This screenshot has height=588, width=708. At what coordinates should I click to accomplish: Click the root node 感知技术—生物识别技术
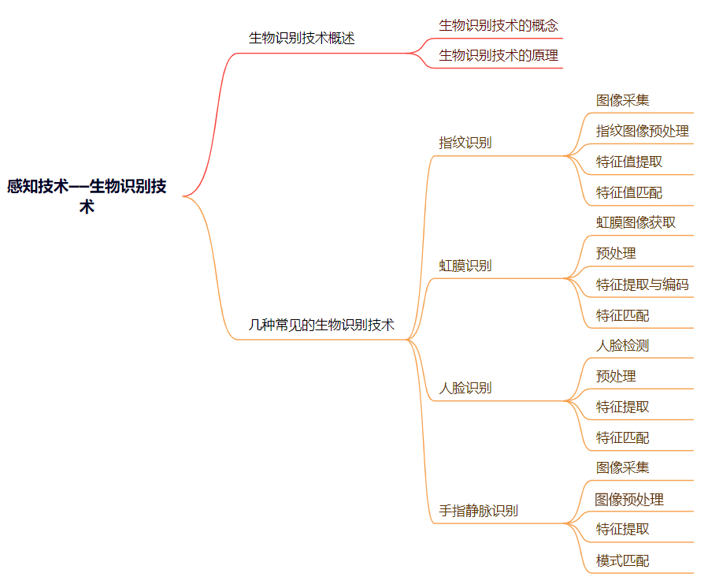(x=87, y=196)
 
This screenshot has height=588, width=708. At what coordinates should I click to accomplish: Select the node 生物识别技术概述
(x=302, y=38)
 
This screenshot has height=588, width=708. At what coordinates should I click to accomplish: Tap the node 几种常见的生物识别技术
(x=321, y=324)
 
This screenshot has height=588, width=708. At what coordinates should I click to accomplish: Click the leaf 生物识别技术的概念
(x=499, y=25)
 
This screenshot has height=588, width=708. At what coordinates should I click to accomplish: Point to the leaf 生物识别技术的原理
(x=499, y=55)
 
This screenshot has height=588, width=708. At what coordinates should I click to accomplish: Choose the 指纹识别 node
(x=465, y=143)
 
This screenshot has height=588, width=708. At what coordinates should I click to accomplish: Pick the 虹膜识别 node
(x=465, y=266)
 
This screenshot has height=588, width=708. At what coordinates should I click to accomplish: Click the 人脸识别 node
(x=465, y=388)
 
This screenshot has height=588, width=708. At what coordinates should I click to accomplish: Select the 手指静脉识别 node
(x=479, y=511)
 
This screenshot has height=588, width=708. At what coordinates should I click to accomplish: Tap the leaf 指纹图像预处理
(x=643, y=131)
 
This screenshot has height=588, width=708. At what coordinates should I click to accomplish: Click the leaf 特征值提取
(x=629, y=162)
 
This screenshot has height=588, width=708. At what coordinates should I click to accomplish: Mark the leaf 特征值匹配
(x=629, y=192)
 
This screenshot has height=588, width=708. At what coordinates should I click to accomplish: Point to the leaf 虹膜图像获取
(x=636, y=222)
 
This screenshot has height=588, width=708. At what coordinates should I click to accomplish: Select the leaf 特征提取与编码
(x=643, y=285)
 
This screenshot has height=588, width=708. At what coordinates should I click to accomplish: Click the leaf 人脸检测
(x=623, y=345)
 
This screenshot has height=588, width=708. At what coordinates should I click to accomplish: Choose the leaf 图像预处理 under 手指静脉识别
(x=629, y=499)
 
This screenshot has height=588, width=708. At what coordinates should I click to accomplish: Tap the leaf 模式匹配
(x=623, y=560)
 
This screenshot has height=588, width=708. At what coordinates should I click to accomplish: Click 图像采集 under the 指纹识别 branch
(x=623, y=100)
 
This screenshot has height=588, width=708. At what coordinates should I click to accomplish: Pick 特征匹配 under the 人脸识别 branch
(x=623, y=437)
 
